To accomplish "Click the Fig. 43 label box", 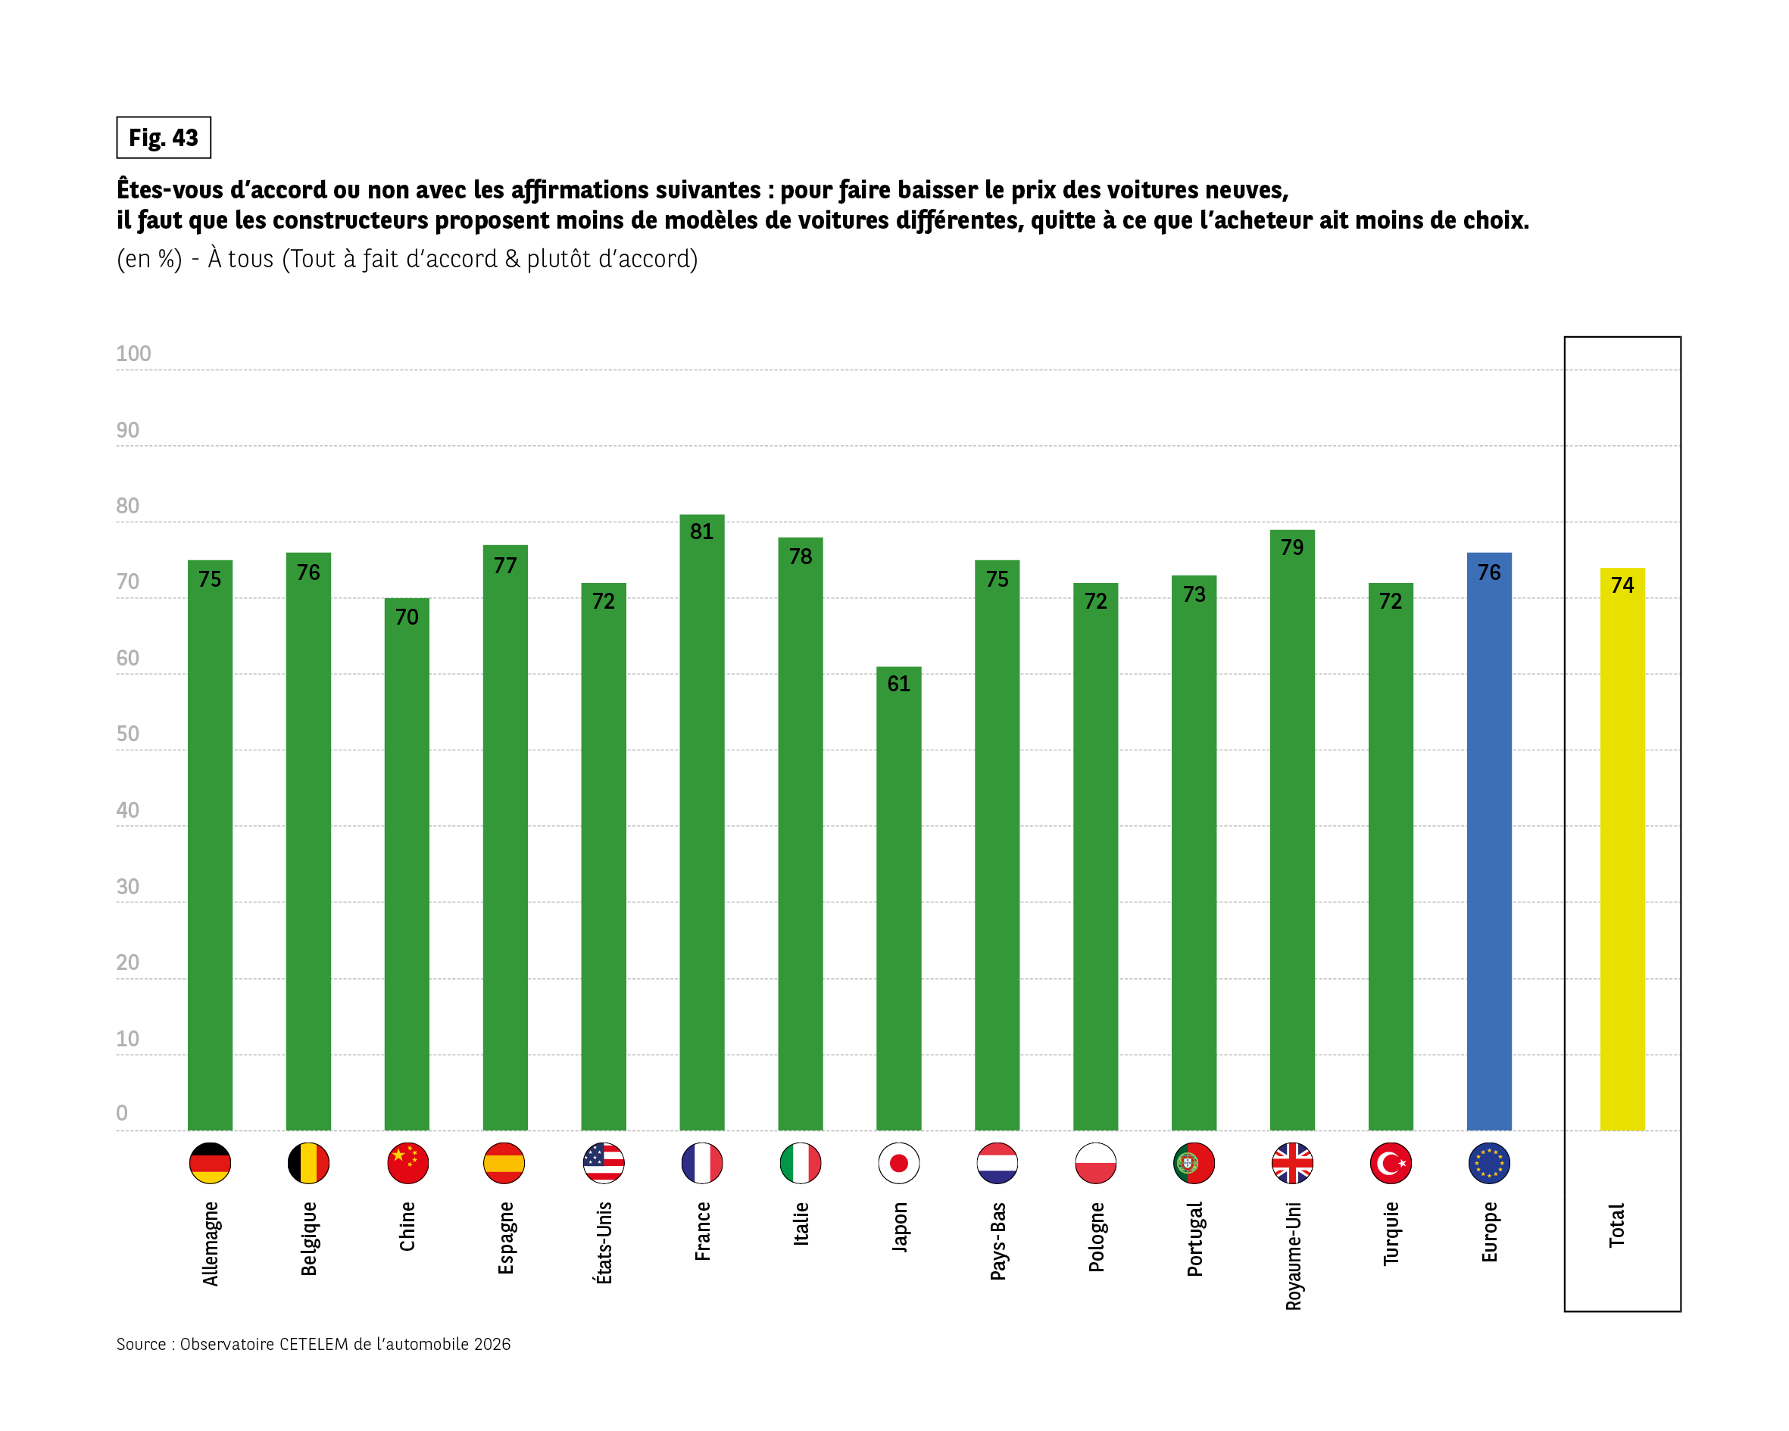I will (x=164, y=138).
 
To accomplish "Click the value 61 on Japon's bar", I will (x=898, y=684).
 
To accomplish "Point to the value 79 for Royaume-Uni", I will (x=1292, y=547).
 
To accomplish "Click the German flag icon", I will (x=210, y=1163).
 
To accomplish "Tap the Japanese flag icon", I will (x=898, y=1163).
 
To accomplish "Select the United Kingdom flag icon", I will (x=1292, y=1163).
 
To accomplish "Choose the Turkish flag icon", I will (x=1391, y=1163).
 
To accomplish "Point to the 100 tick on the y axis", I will (x=133, y=354).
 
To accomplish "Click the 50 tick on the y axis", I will (x=128, y=734).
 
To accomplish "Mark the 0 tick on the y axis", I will (x=122, y=1113).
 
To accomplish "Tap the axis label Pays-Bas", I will (x=998, y=1240).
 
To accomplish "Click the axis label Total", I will (x=1616, y=1225).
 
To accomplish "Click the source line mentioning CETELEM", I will (x=314, y=1345).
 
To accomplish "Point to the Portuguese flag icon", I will (x=1194, y=1163).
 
